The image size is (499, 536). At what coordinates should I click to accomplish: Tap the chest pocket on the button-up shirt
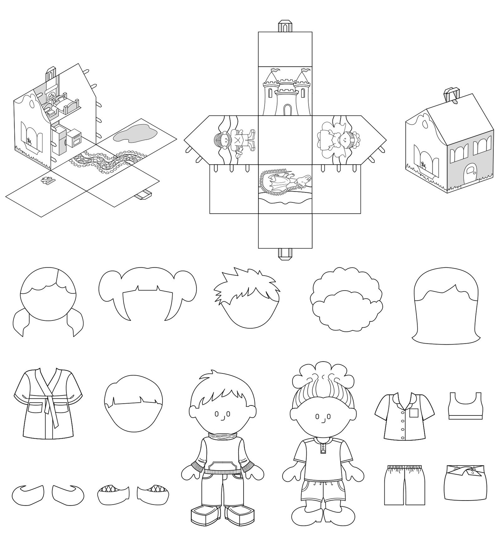[414, 413]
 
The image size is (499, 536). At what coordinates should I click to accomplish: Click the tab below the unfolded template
[284, 254]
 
